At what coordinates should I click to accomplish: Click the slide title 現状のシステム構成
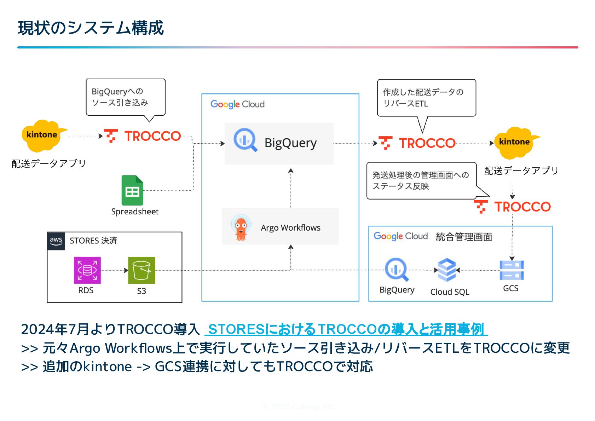click(x=91, y=28)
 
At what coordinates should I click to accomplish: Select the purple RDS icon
click(x=87, y=270)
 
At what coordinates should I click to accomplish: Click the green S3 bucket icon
click(x=141, y=270)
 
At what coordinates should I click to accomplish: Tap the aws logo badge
click(x=56, y=241)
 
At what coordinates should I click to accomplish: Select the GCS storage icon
click(x=512, y=270)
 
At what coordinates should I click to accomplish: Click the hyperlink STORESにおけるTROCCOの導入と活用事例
click(x=346, y=329)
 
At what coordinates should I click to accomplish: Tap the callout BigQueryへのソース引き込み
click(x=125, y=97)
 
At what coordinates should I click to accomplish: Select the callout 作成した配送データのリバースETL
click(x=426, y=98)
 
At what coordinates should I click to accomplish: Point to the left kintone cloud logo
click(x=42, y=135)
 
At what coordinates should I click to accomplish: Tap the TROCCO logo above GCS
click(x=512, y=207)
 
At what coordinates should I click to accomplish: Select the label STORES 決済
click(x=93, y=241)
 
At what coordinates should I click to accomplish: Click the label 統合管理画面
click(x=464, y=237)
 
